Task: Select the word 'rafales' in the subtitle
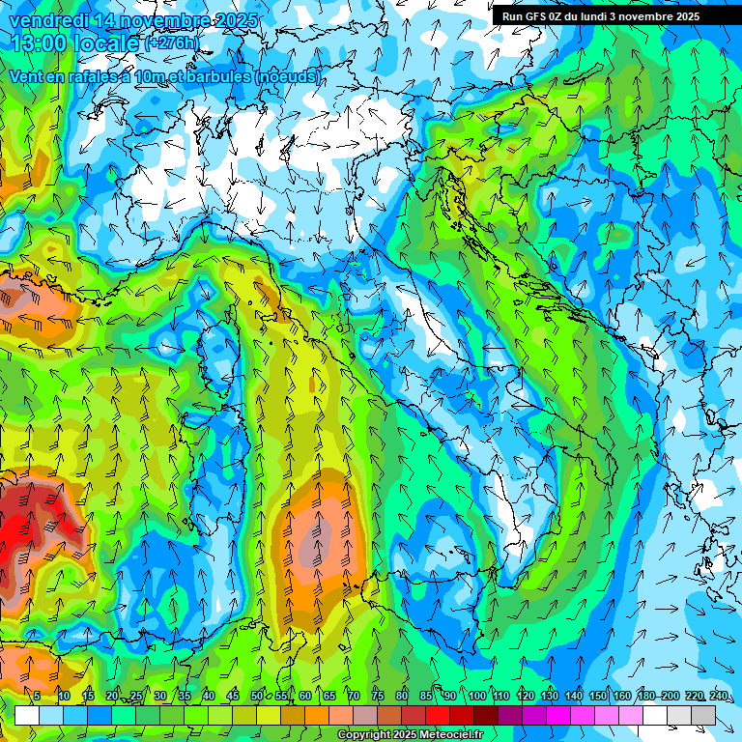point(100,76)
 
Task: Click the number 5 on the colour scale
point(37,696)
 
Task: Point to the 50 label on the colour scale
point(257,696)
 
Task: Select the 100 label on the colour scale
point(476,696)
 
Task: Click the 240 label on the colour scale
point(718,696)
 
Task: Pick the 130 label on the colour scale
point(549,696)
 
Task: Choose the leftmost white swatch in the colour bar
point(27,715)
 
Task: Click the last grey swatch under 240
point(703,715)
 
